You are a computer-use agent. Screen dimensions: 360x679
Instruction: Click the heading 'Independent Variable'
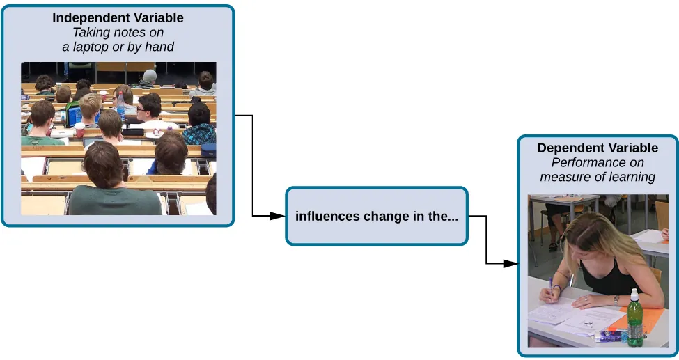tap(118, 17)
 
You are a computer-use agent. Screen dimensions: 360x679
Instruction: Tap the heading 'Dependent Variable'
tap(597, 148)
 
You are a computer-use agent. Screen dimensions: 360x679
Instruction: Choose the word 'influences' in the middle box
tap(327, 216)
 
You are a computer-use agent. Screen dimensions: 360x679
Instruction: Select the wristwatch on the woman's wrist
tap(557, 288)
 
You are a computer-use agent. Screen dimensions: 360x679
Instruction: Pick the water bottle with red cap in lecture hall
tap(120, 107)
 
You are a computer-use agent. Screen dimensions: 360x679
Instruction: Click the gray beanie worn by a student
tap(150, 75)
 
